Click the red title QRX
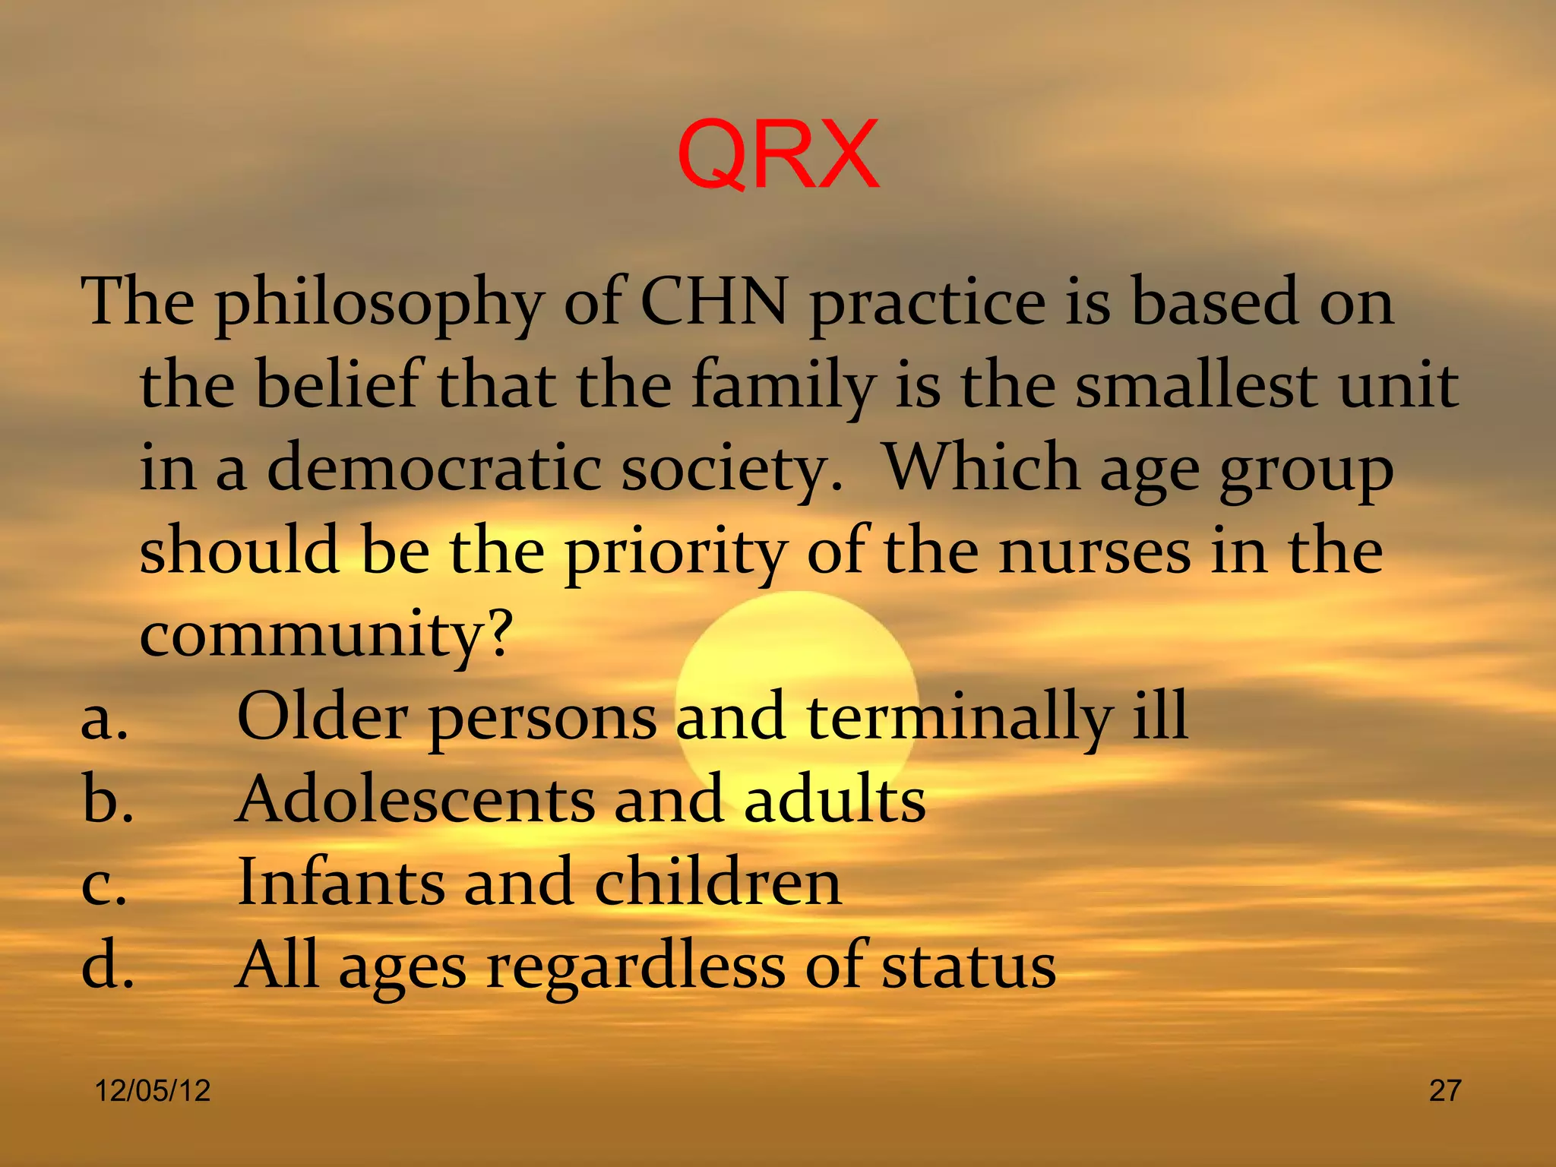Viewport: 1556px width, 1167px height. click(x=777, y=155)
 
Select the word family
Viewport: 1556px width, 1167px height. click(x=783, y=386)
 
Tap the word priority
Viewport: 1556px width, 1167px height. click(x=675, y=553)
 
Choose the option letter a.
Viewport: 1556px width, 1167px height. click(x=104, y=719)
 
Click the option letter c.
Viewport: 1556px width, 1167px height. click(x=103, y=884)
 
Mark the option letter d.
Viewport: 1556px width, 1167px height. click(x=107, y=966)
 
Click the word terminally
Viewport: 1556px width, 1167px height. click(x=959, y=719)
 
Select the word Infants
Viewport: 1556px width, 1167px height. click(x=340, y=883)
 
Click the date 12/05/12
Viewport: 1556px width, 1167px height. click(x=152, y=1091)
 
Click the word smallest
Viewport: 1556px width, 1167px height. click(x=1196, y=386)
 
